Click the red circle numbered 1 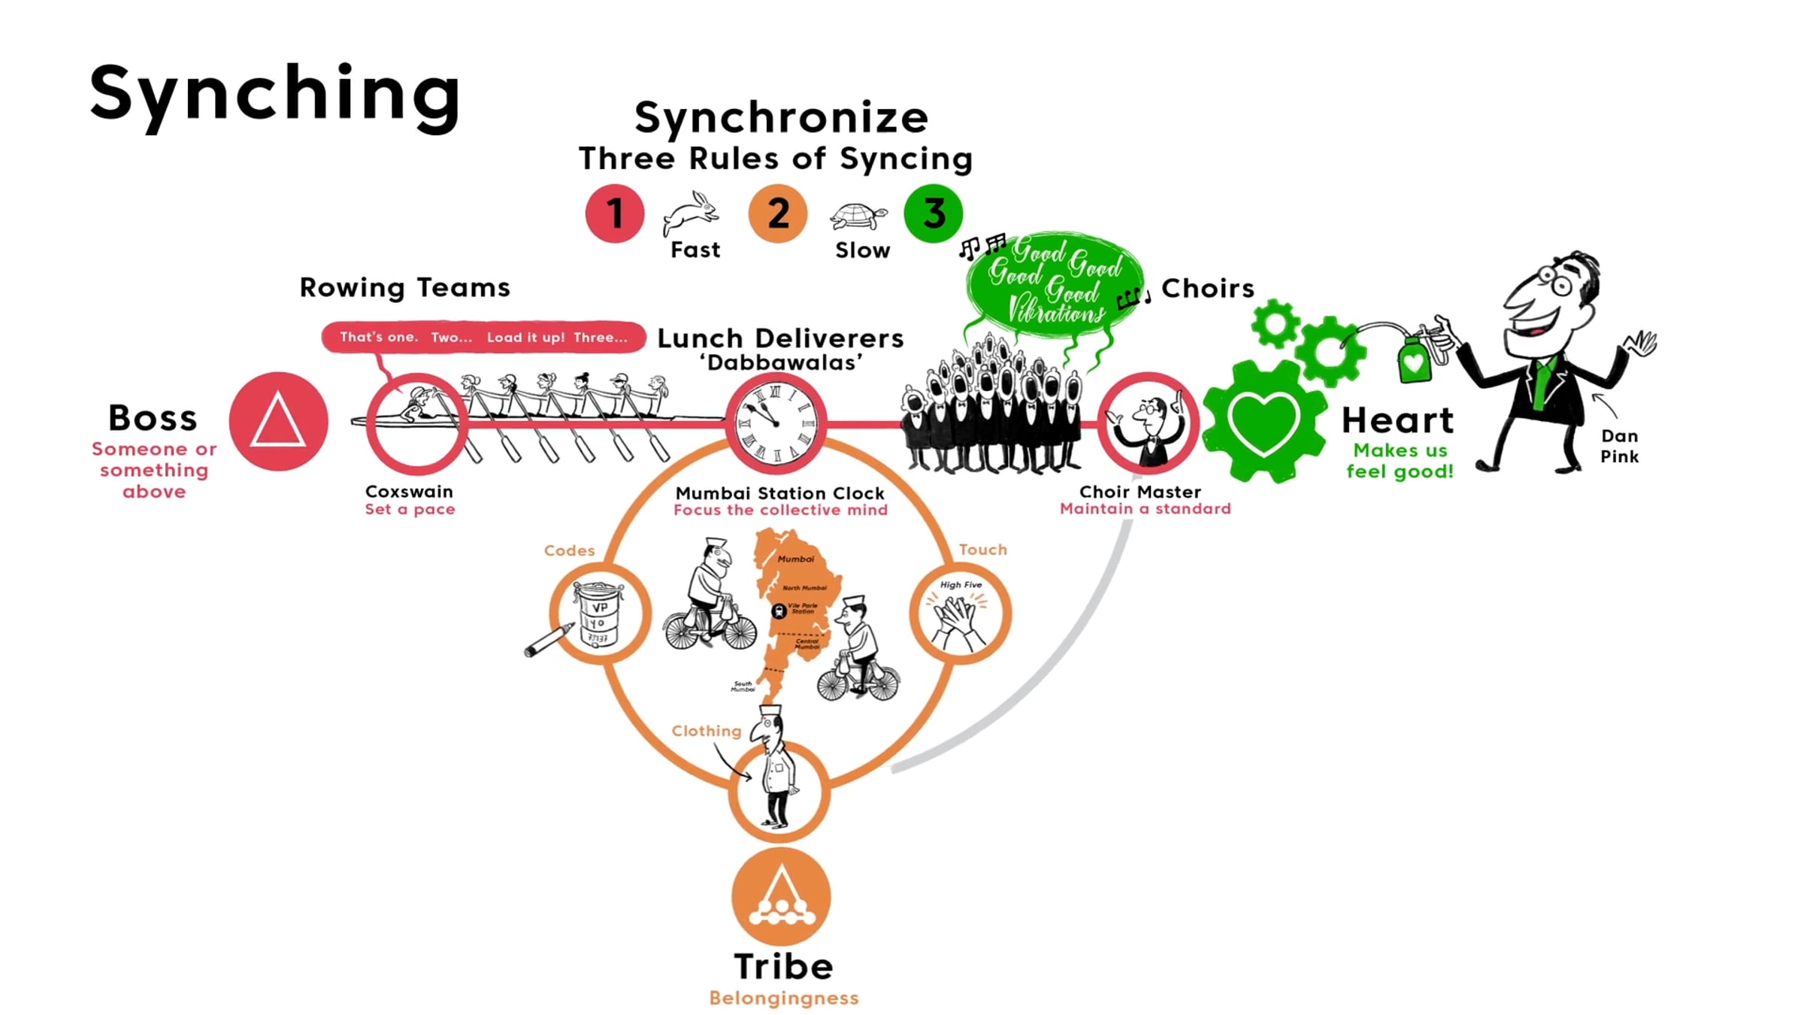(x=615, y=214)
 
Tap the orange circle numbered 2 (x=777, y=214)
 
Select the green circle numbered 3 (x=934, y=214)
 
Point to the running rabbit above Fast (x=692, y=212)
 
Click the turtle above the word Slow (x=858, y=217)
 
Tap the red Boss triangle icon (x=278, y=421)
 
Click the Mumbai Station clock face (x=776, y=423)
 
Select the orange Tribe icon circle (x=781, y=896)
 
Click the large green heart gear (x=1264, y=421)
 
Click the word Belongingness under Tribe (x=783, y=998)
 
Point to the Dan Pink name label (x=1619, y=446)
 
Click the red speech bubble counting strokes (x=483, y=337)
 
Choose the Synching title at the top (x=274, y=94)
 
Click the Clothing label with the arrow (x=706, y=731)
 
